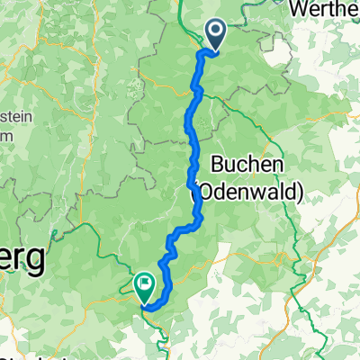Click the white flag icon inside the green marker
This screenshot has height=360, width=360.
click(x=144, y=284)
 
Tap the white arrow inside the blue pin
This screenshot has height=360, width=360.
click(x=218, y=32)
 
